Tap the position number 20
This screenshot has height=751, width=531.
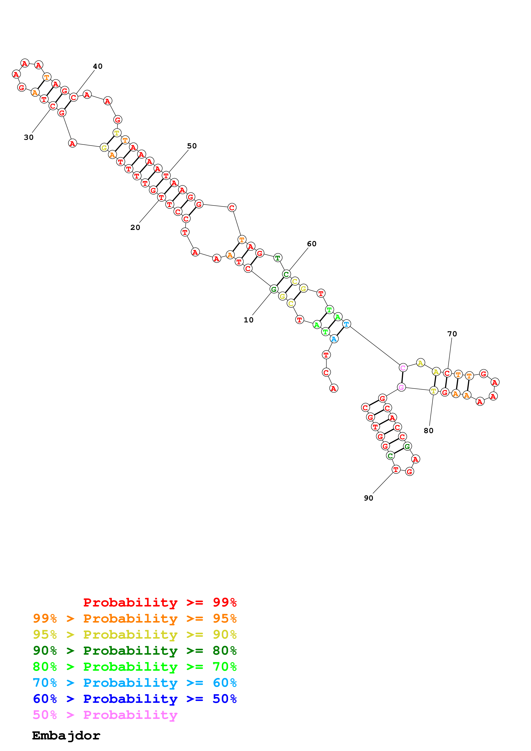[135, 227]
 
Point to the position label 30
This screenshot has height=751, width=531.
[29, 137]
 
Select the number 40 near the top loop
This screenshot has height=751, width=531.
[97, 66]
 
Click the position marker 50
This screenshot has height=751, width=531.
[192, 146]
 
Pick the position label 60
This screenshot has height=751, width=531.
[311, 244]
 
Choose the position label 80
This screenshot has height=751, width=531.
[428, 431]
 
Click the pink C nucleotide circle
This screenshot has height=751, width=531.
[403, 368]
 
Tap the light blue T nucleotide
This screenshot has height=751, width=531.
[346, 324]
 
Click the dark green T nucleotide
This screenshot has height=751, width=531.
[277, 258]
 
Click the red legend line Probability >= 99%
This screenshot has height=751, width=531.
[160, 602]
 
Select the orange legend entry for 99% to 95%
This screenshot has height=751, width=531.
[135, 618]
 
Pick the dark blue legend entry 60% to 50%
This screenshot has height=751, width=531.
[135, 699]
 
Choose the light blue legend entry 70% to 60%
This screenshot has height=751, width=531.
[135, 683]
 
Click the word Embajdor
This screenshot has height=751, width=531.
[66, 736]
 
